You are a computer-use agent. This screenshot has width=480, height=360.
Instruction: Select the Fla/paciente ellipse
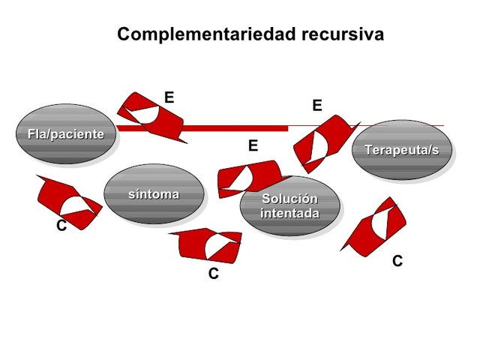pyautogui.click(x=66, y=134)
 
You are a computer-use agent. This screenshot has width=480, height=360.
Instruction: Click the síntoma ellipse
pyautogui.click(x=154, y=194)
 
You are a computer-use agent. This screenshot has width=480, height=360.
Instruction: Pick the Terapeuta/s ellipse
pyautogui.click(x=401, y=150)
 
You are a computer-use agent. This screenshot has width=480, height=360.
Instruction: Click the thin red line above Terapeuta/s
pyautogui.click(x=405, y=125)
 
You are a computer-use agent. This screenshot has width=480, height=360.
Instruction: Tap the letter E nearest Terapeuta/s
pyautogui.click(x=317, y=106)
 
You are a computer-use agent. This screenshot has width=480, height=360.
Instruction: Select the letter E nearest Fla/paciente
pyautogui.click(x=169, y=97)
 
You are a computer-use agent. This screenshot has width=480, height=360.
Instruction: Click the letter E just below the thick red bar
pyautogui.click(x=253, y=145)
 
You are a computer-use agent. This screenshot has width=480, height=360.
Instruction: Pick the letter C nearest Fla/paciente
pyautogui.click(x=61, y=226)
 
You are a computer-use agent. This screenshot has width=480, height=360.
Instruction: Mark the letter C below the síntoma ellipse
pyautogui.click(x=214, y=274)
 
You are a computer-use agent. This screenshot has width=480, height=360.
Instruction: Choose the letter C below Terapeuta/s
pyautogui.click(x=397, y=261)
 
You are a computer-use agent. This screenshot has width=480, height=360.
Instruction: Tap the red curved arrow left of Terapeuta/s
pyautogui.click(x=322, y=142)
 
